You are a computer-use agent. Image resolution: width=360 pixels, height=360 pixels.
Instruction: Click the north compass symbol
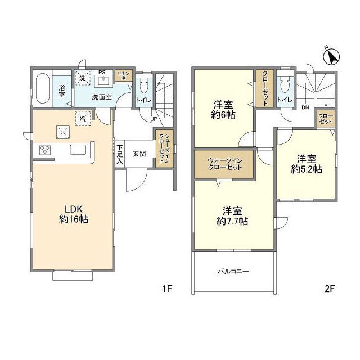pyautogui.click(x=331, y=56)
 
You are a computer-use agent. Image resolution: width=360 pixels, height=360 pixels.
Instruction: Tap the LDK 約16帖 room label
pyautogui.click(x=74, y=214)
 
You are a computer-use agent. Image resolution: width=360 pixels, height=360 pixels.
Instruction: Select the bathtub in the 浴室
pyautogui.click(x=43, y=88)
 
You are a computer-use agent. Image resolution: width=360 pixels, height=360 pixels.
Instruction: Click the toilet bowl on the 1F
pyautogui.click(x=144, y=85)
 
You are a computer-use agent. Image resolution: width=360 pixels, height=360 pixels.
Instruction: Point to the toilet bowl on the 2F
pyautogui.click(x=285, y=85)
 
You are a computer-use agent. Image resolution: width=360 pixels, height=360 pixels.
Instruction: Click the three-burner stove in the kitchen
pyautogui.click(x=45, y=150)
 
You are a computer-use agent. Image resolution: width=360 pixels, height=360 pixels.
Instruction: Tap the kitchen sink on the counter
pyautogui.click(x=78, y=150)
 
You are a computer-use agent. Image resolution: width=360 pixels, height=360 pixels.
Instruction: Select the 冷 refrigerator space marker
pyautogui.click(x=83, y=119)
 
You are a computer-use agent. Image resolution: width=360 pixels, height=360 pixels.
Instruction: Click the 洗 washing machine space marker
pyautogui.click(x=83, y=78)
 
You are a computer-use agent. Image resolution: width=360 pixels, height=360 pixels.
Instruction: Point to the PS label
pyautogui.click(x=102, y=73)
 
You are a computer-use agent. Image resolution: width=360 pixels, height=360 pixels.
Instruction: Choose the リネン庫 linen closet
pyautogui.click(x=124, y=75)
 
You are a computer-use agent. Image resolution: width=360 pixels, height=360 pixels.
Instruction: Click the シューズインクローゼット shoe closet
pyautogui.click(x=164, y=148)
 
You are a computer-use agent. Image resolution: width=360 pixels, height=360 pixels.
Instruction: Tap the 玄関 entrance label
pyautogui.click(x=139, y=154)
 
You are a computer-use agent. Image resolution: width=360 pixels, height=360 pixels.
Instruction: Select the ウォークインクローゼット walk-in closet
pyautogui.click(x=224, y=164)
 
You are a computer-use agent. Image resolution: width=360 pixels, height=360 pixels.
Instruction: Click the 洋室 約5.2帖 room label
pyautogui.click(x=307, y=164)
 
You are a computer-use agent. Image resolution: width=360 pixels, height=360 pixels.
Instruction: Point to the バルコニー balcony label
pyautogui.click(x=233, y=272)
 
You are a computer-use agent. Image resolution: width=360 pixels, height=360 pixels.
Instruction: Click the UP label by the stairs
pyautogui.click(x=154, y=119)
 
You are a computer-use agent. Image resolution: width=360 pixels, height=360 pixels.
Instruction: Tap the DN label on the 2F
pyautogui.click(x=305, y=107)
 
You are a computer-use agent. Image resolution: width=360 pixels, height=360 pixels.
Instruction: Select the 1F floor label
pyautogui.click(x=168, y=289)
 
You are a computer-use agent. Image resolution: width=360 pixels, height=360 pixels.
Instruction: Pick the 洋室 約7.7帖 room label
pyautogui.click(x=232, y=216)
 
